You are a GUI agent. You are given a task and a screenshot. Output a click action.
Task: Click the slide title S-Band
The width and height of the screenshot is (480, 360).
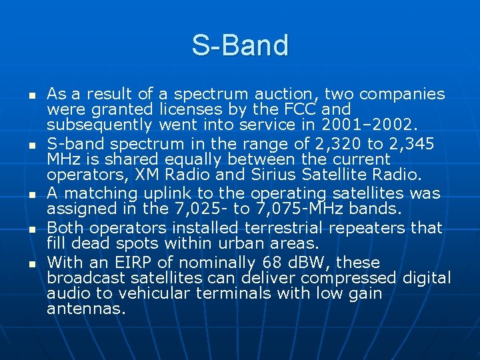click(x=240, y=45)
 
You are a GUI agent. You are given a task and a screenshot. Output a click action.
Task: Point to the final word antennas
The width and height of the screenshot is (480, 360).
click(x=87, y=309)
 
